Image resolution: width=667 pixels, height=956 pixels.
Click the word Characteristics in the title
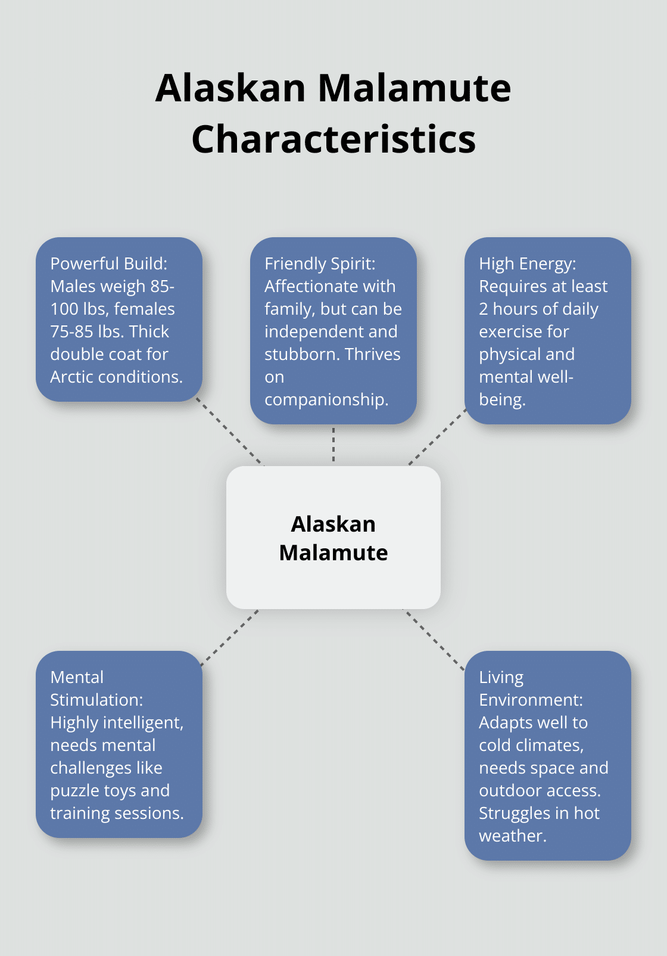[333, 139]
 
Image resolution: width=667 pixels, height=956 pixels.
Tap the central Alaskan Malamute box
[333, 538]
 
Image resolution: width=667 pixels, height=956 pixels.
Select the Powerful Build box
[119, 319]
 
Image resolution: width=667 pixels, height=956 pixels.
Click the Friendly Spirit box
[333, 331]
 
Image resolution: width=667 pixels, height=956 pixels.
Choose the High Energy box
[547, 331]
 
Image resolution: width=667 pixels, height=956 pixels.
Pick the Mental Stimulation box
[119, 744]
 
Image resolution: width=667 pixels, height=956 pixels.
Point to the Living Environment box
[547, 755]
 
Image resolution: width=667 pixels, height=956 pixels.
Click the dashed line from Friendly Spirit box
[333, 445]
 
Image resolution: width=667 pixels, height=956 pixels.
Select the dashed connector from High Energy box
[437, 437]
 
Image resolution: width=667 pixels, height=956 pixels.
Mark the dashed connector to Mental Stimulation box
[229, 637]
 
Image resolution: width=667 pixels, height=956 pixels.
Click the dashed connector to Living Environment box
[434, 640]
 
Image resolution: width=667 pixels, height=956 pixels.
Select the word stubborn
[302, 354]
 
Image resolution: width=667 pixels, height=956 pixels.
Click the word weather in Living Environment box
[512, 836]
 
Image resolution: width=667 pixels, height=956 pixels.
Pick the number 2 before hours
[483, 309]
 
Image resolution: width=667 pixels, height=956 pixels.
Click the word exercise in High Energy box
[523, 331]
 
